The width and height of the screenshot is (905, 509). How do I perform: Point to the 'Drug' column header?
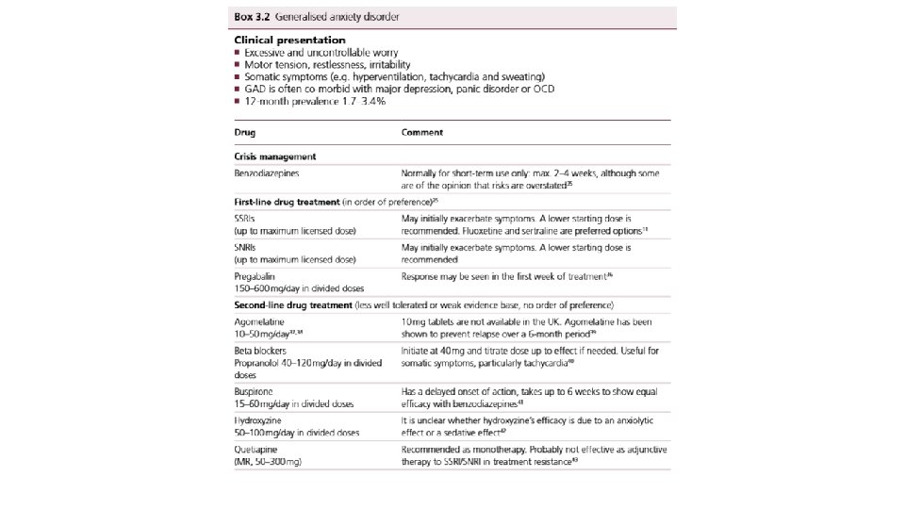point(244,133)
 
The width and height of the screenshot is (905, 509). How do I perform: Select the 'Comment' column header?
point(422,133)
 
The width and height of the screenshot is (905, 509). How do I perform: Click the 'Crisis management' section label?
point(274,156)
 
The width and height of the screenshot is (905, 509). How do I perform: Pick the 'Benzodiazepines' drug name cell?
point(267,173)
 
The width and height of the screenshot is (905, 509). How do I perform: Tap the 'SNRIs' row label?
point(246,247)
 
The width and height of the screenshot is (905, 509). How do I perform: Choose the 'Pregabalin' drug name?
point(255,275)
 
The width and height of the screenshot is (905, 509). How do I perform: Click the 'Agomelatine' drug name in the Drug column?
point(260,322)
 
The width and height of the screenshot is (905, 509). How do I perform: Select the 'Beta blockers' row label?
point(261,351)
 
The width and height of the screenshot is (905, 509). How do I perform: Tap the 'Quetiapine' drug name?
point(256,451)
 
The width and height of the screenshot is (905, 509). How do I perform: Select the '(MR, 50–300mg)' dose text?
point(271,462)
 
